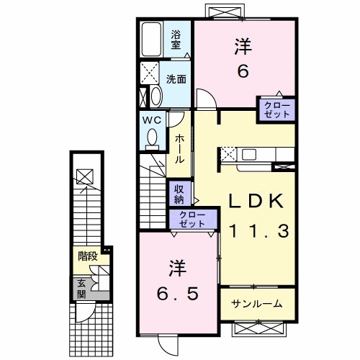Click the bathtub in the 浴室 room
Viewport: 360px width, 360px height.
point(152,40)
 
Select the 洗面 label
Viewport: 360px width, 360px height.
point(176,79)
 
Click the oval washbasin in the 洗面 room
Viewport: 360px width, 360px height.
point(156,96)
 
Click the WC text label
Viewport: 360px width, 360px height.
point(152,120)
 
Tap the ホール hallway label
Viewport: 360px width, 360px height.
point(179,149)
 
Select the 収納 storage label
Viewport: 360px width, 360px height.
point(179,194)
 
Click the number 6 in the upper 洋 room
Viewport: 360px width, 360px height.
point(243,71)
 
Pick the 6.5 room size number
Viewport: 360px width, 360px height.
point(178,294)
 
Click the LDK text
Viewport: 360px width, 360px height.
point(256,201)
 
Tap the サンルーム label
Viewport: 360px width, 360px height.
point(256,304)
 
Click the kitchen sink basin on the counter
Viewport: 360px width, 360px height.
point(249,155)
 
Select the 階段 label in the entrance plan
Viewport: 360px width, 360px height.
point(88,256)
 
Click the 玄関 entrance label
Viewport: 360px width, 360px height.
point(81,289)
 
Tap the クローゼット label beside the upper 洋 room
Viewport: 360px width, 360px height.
point(277,109)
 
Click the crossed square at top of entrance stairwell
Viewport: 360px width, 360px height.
point(85,177)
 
